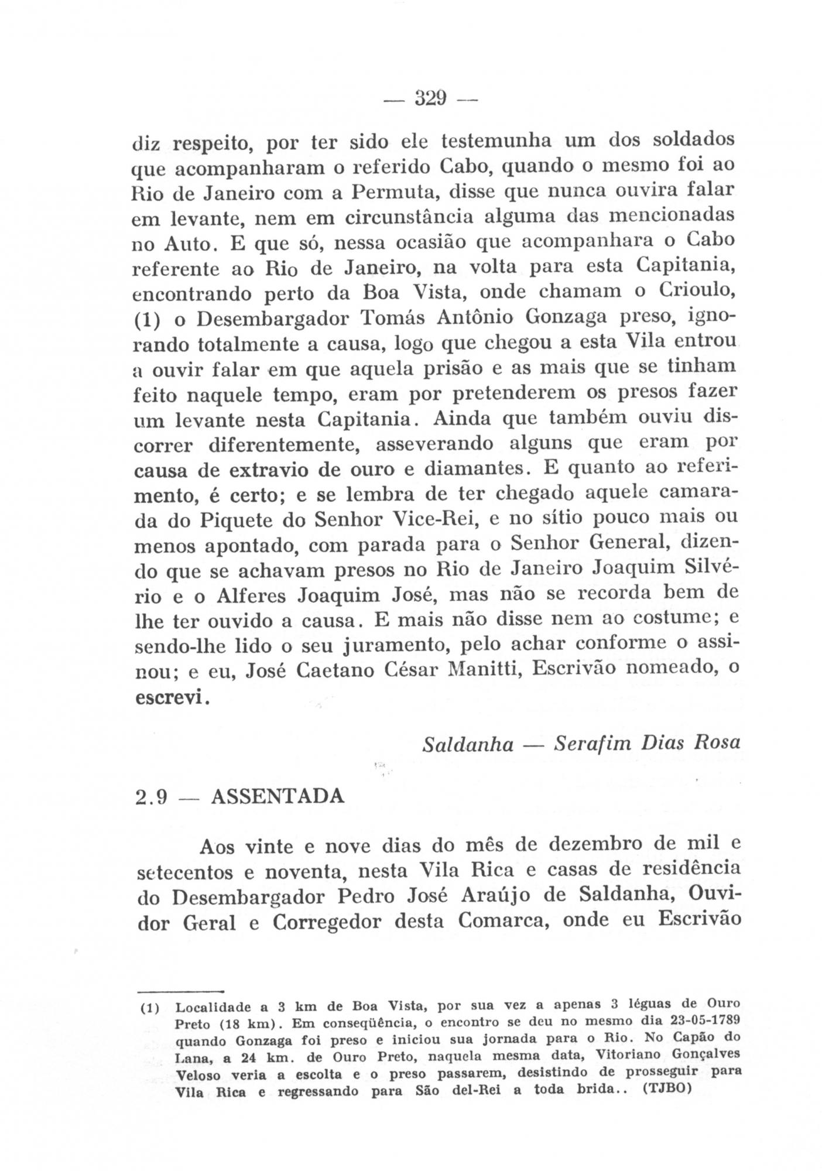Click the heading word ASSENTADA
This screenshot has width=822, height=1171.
coord(277,797)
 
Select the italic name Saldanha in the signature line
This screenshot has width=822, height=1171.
coord(468,744)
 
